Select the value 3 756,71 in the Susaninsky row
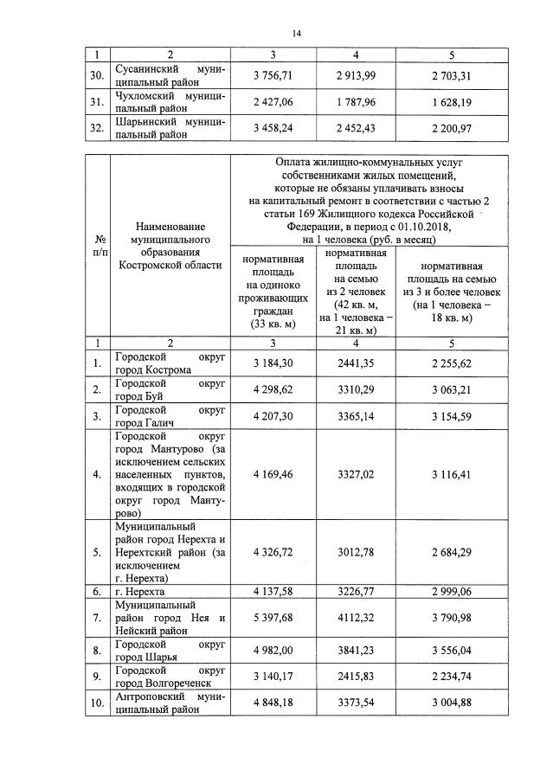pyautogui.click(x=273, y=75)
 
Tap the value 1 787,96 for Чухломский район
pyautogui.click(x=356, y=101)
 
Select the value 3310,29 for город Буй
pyautogui.click(x=356, y=389)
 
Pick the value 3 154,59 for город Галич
pyautogui.click(x=452, y=416)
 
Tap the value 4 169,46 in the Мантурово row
pyautogui.click(x=273, y=474)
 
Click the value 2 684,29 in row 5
pyautogui.click(x=452, y=552)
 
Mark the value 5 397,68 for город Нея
pyautogui.click(x=273, y=617)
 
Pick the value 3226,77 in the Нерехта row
pyautogui.click(x=356, y=591)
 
